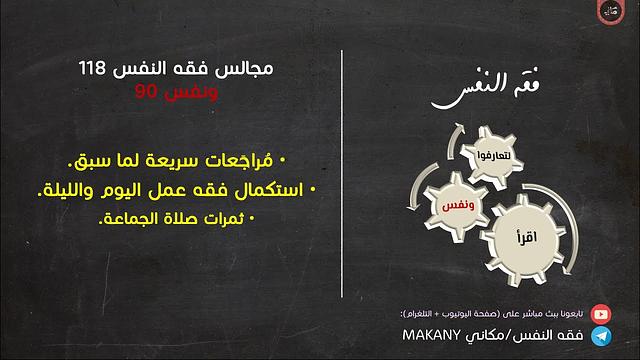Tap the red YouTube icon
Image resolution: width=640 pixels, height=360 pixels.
coord(601,312)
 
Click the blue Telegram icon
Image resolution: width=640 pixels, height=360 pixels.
coord(601,334)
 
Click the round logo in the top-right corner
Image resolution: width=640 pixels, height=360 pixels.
coord(613,15)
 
